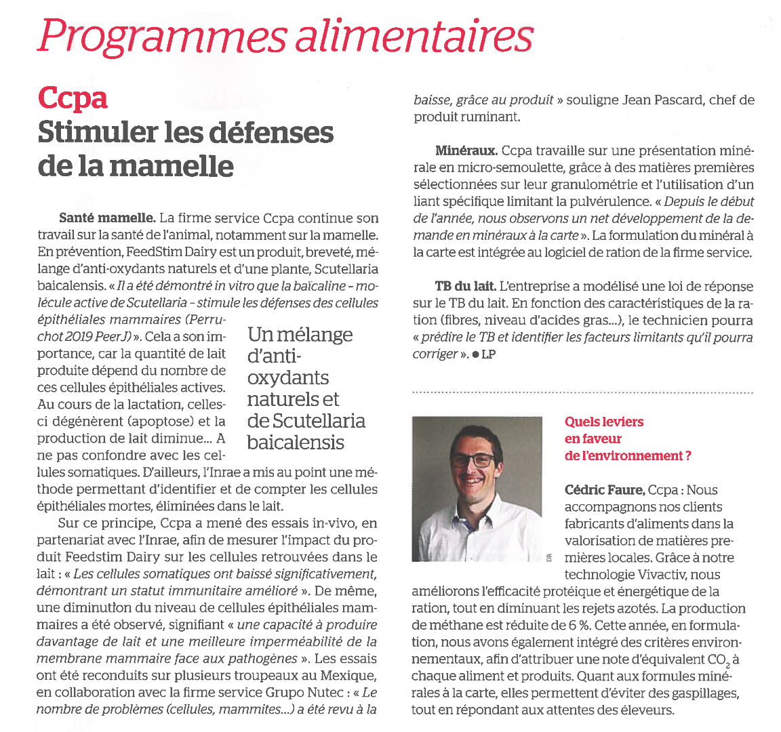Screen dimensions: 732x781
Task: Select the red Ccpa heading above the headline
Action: [73, 98]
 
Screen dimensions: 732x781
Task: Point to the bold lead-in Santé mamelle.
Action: [107, 218]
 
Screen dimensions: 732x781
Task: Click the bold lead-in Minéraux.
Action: [466, 150]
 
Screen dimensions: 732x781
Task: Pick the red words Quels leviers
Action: [604, 422]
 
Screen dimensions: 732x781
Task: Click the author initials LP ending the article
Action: [488, 354]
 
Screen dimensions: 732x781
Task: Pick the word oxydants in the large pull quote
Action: [288, 378]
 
